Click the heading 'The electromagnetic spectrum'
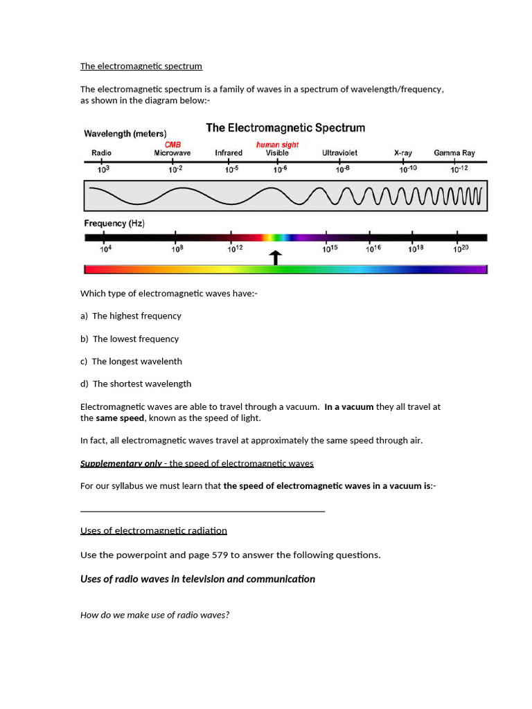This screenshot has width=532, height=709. (x=141, y=66)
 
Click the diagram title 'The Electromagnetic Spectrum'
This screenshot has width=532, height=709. (x=285, y=128)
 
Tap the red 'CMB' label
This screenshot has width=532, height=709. (x=172, y=144)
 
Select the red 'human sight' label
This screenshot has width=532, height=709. (x=277, y=144)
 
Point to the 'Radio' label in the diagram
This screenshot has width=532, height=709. (x=101, y=153)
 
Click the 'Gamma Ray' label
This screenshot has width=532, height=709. (x=454, y=153)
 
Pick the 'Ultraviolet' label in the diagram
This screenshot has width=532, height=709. (x=340, y=153)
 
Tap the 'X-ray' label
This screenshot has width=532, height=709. (x=402, y=153)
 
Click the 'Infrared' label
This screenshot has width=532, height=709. (x=229, y=153)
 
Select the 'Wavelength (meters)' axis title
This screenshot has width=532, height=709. (x=125, y=134)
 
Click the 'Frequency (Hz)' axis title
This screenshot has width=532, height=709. (x=114, y=224)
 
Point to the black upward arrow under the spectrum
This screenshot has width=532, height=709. (x=276, y=258)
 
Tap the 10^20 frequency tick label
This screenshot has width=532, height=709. (x=461, y=249)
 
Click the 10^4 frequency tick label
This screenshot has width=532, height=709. (x=106, y=249)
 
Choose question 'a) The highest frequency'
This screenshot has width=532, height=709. (x=131, y=316)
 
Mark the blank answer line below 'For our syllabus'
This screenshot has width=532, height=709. (x=202, y=511)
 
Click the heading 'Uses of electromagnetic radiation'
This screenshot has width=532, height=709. (x=154, y=530)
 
